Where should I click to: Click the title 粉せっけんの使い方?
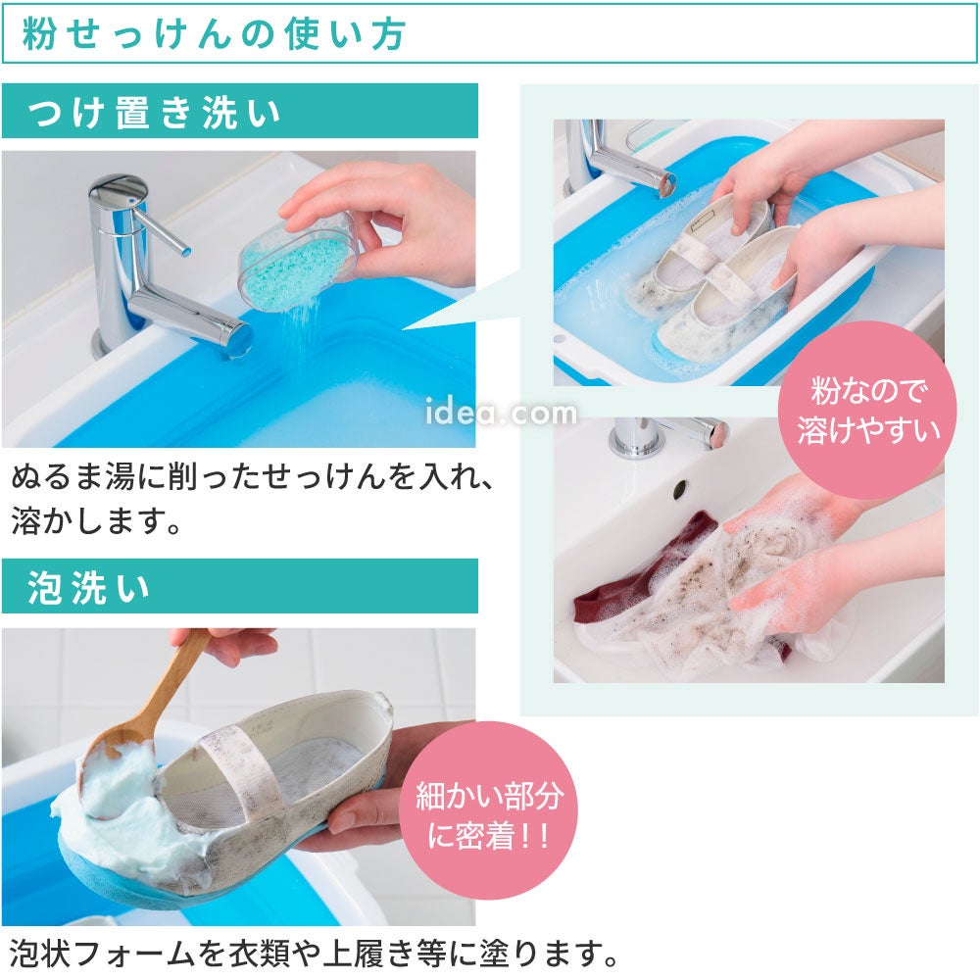point(215,33)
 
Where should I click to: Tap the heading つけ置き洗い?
point(154,113)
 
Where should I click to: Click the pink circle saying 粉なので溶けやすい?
point(867,411)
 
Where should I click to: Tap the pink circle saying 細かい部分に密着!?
point(488,811)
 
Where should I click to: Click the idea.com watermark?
point(501,414)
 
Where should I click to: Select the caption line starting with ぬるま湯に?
point(253,478)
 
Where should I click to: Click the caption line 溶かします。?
point(97,521)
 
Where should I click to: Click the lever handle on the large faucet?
point(160,229)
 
